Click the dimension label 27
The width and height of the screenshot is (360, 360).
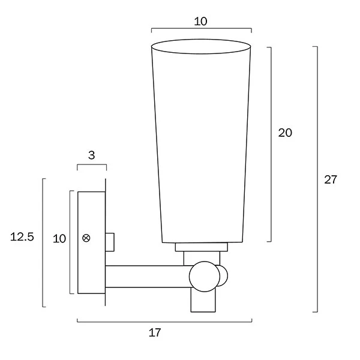(331, 179)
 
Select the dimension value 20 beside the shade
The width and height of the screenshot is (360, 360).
(285, 133)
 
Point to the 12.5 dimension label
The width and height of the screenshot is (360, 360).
(22, 237)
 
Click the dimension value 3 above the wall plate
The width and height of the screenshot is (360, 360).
(91, 155)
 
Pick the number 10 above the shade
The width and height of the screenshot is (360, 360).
(200, 22)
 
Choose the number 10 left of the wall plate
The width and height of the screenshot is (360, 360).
(59, 238)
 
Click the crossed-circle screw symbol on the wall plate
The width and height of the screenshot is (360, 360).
(86, 239)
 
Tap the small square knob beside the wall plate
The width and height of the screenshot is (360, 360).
(110, 241)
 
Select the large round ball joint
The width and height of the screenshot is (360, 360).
(203, 276)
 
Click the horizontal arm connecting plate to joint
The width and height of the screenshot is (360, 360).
(147, 276)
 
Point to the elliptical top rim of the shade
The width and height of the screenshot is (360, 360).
(200, 46)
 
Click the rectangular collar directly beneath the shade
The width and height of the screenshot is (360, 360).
(201, 247)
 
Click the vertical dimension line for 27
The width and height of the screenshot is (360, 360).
(317, 179)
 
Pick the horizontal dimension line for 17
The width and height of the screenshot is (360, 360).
(164, 321)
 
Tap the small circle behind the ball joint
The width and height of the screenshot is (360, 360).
(224, 275)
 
